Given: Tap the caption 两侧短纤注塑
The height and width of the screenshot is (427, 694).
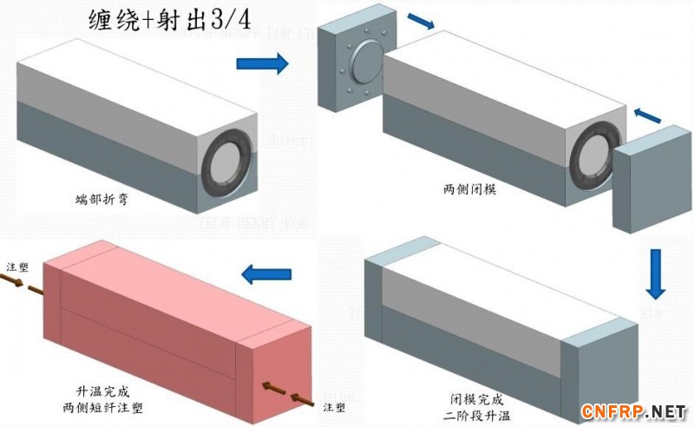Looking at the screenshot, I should pyautogui.click(x=102, y=405).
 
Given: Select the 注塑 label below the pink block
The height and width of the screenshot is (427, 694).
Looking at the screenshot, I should pyautogui.click(x=336, y=406).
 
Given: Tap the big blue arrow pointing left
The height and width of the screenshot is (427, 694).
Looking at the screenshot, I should pyautogui.click(x=265, y=275).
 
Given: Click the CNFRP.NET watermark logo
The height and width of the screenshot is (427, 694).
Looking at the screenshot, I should pyautogui.click(x=634, y=410).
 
